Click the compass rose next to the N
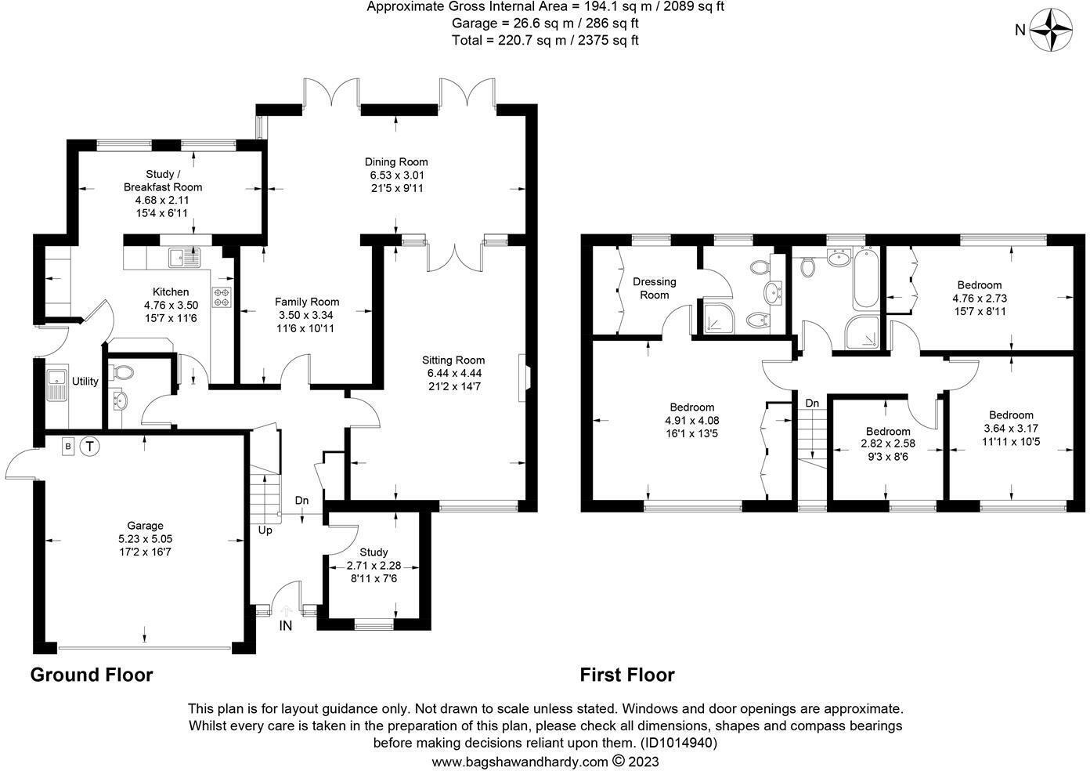tap(1050, 31)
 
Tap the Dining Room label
tap(399, 162)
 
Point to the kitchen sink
tap(186, 255)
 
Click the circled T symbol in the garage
tap(91, 447)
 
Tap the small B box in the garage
tap(68, 447)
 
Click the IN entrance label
tap(286, 626)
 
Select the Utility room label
tap(85, 382)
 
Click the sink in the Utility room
tap(57, 385)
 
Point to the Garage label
tap(146, 526)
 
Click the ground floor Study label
tap(374, 552)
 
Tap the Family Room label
tap(307, 302)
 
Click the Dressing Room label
tap(654, 288)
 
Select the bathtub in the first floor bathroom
tap(866, 279)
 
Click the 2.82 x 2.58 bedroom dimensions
tap(888, 444)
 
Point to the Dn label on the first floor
tap(812, 403)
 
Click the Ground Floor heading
tap(92, 675)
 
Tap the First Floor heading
tap(626, 675)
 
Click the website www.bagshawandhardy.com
tap(520, 761)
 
